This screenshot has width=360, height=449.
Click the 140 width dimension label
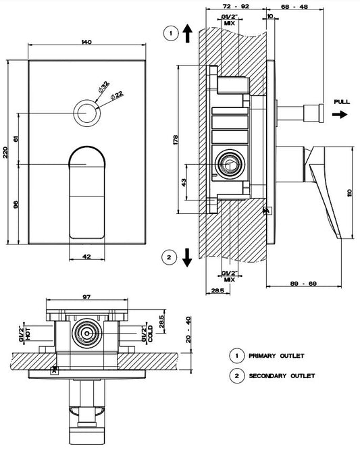coord(86,42)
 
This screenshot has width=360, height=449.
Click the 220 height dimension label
coord(5,153)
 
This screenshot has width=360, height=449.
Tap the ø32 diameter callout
coord(103,86)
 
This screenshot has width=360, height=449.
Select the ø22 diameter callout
coord(117,95)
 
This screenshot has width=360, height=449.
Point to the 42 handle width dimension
coord(86,257)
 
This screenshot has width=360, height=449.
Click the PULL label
coord(342,102)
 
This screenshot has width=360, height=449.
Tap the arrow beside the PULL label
coord(340,115)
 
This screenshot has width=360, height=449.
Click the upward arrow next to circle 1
coord(187,33)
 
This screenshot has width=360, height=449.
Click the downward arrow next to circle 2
coord(187,257)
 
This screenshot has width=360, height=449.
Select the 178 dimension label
coord(176,140)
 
